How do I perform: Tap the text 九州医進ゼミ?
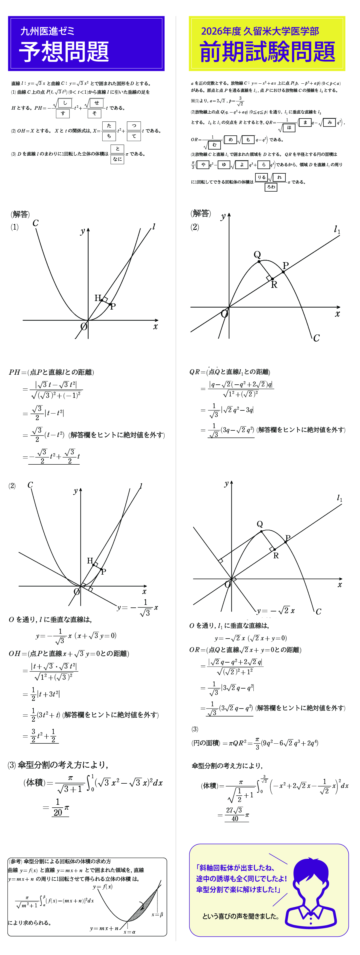click(47, 31)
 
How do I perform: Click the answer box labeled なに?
click(117, 159)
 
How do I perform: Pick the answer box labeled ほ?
click(289, 128)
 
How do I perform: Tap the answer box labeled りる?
click(261, 177)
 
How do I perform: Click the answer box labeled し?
click(65, 103)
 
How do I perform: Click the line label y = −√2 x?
click(275, 611)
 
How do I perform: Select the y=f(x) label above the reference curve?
click(103, 887)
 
